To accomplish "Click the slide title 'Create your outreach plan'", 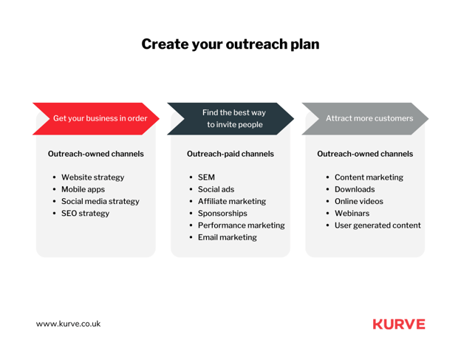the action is coord(230,44).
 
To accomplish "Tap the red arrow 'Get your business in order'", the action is coord(96,119).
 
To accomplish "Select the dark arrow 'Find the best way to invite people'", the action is coord(230,119).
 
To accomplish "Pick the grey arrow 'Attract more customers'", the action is coord(365,119).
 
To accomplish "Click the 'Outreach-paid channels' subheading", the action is coord(230,154).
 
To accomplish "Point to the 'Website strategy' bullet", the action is coord(92,177).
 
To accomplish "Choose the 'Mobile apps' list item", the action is coord(83,189).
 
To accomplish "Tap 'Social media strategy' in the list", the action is coord(100,202).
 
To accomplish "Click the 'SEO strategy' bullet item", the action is coord(85,214).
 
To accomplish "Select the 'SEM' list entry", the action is coord(206,177).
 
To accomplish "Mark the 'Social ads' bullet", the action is coord(216,189).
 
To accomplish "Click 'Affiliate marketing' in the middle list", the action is coord(232,202).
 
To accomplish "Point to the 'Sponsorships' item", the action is coord(222,214).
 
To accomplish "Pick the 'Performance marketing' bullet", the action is coord(241,225).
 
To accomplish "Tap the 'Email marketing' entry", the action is coord(228,237).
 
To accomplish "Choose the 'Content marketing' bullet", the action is coord(369,177).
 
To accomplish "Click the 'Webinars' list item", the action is coord(352,214).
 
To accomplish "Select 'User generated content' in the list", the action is coord(378,225).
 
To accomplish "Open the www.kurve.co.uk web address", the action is coord(68,324).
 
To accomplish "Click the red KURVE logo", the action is coord(399,324).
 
